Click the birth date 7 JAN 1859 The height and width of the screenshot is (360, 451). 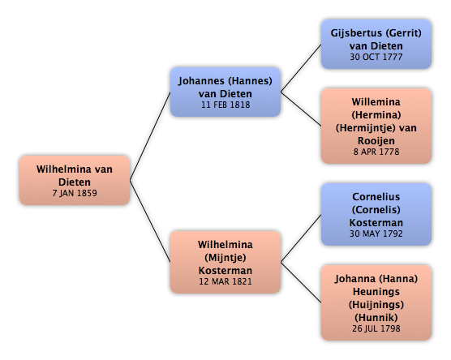[75, 193]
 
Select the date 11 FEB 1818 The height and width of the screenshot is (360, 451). [225, 105]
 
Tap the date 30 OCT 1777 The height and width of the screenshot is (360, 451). [376, 57]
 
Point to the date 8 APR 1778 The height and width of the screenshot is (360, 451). [376, 152]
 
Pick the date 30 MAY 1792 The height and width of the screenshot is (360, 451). [376, 234]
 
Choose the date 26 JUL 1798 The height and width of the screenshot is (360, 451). [376, 328]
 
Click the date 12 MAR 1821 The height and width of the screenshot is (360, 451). [225, 281]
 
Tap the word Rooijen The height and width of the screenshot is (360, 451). [376, 141]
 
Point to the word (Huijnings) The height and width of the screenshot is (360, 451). [376, 305]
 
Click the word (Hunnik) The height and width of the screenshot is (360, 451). [376, 318]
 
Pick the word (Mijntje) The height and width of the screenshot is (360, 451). [225, 258]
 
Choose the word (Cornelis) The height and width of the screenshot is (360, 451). [376, 210]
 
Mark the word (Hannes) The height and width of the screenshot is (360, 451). [250, 81]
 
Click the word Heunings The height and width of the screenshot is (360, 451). [376, 292]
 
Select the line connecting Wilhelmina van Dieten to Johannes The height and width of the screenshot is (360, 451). [150, 136]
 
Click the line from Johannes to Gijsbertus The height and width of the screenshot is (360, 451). [301, 68]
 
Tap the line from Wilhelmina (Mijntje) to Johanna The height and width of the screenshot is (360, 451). [301, 282]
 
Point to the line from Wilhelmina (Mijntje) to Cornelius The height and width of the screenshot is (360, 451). [301, 238]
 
